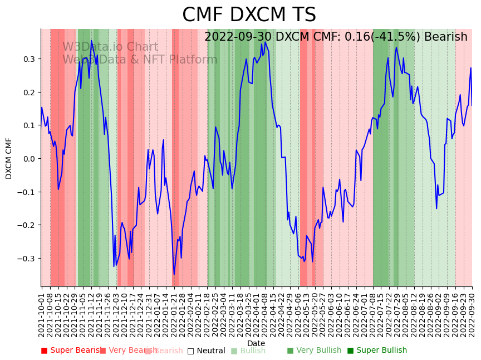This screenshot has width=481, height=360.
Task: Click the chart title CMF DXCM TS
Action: (x=249, y=15)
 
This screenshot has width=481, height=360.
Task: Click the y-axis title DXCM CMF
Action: (x=9, y=158)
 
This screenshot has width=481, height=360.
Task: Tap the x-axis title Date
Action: (x=256, y=343)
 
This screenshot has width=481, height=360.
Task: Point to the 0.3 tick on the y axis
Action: (x=28, y=59)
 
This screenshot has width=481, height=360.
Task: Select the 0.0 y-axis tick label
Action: (x=28, y=159)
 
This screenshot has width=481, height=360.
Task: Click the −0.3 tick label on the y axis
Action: (x=26, y=259)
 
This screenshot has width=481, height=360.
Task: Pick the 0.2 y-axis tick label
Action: (x=28, y=93)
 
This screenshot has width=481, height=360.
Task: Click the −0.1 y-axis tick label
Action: (x=26, y=192)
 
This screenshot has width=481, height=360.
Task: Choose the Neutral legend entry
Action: (x=206, y=351)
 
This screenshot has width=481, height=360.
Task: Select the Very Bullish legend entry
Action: (x=314, y=351)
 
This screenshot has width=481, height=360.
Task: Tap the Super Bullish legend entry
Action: (x=377, y=351)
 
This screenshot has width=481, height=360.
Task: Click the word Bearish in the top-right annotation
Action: (x=444, y=37)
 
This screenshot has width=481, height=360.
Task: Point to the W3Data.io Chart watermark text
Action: (x=110, y=47)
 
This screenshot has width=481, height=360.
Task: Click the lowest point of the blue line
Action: (x=174, y=274)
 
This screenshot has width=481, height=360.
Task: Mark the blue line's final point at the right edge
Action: (x=472, y=105)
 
